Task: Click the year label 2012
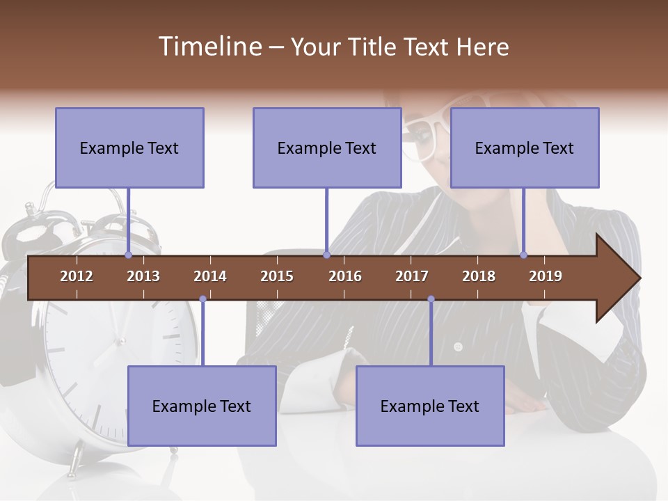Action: [77, 276]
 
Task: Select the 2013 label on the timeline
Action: [143, 276]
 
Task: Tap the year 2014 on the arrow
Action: [210, 276]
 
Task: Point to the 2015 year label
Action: [277, 276]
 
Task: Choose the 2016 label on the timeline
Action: [345, 276]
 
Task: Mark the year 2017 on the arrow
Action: [412, 276]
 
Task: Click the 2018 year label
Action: [479, 276]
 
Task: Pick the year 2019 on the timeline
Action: [546, 276]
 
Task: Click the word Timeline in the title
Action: [209, 47]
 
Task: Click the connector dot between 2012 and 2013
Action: [129, 255]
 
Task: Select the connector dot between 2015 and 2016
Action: [326, 255]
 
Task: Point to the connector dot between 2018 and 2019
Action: [524, 255]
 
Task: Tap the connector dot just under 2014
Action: [202, 299]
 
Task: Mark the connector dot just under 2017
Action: [431, 299]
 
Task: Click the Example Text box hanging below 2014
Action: [202, 406]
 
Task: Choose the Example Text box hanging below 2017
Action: [430, 406]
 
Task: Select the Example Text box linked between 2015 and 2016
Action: [327, 148]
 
